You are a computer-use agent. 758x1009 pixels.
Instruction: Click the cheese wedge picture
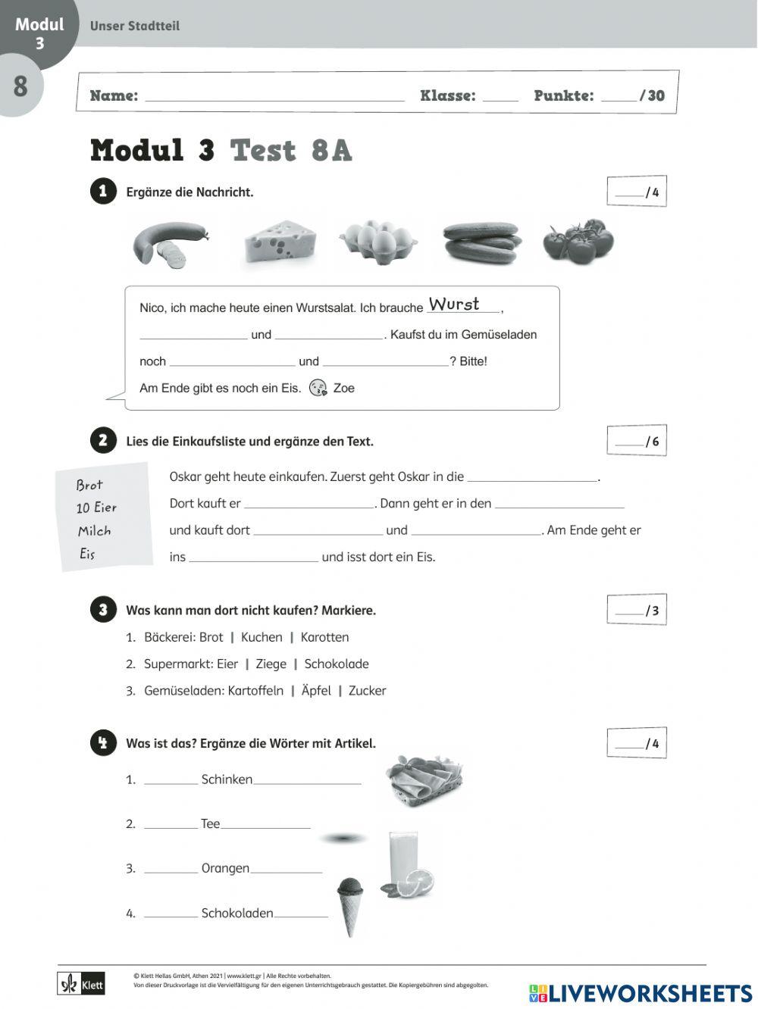point(280,242)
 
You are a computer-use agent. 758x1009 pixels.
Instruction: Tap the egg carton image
point(377,242)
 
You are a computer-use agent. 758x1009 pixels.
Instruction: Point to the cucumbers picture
point(482,242)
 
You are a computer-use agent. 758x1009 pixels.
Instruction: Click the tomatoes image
point(579,242)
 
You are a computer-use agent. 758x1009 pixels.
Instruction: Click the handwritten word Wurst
point(454,305)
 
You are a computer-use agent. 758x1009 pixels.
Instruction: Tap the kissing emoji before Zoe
point(318,388)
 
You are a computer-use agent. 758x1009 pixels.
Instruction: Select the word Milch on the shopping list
point(94,531)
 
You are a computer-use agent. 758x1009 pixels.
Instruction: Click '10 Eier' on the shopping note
point(96,508)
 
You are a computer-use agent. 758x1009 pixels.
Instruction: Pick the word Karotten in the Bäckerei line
point(324,638)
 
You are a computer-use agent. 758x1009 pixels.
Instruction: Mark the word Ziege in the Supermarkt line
point(271,664)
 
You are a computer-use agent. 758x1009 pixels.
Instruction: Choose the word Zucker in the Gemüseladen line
point(367,691)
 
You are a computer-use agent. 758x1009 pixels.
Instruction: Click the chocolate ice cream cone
point(349,905)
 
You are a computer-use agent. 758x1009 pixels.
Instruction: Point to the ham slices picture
point(424,780)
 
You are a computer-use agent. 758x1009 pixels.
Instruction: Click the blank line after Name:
point(274,96)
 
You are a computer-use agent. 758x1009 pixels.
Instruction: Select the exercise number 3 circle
point(103,610)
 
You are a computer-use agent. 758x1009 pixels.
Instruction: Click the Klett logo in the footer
point(81,985)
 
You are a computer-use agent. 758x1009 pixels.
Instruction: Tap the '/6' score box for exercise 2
point(637,442)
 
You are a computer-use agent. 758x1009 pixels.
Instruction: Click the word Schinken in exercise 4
point(227,779)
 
